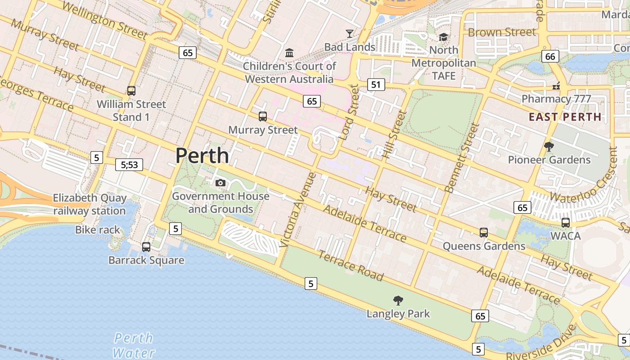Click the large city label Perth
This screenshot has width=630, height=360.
pyautogui.click(x=202, y=156)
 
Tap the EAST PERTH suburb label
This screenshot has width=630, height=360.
pyautogui.click(x=565, y=117)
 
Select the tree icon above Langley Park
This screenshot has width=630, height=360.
pyautogui.click(x=398, y=300)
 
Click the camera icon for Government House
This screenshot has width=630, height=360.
pyautogui.click(x=220, y=183)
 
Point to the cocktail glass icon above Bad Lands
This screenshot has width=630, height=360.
pyautogui.click(x=349, y=33)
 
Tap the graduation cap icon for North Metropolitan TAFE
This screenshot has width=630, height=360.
pyautogui.click(x=444, y=37)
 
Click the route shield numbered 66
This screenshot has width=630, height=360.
pyautogui.click(x=550, y=56)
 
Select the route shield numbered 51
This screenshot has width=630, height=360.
pyautogui.click(x=376, y=84)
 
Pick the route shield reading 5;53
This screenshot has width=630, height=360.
pyautogui.click(x=129, y=165)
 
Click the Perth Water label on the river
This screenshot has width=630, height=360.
pyautogui.click(x=134, y=345)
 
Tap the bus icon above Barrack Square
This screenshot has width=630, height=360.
pyautogui.click(x=146, y=247)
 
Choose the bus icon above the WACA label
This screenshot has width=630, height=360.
pyautogui.click(x=566, y=222)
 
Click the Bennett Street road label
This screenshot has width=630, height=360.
pyautogui.click(x=462, y=158)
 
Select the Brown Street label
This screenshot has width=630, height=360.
pyautogui.click(x=502, y=32)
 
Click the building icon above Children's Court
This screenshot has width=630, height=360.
pyautogui.click(x=289, y=53)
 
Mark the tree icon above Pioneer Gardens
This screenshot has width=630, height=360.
pyautogui.click(x=549, y=146)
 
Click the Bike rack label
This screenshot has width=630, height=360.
pyautogui.click(x=98, y=230)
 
